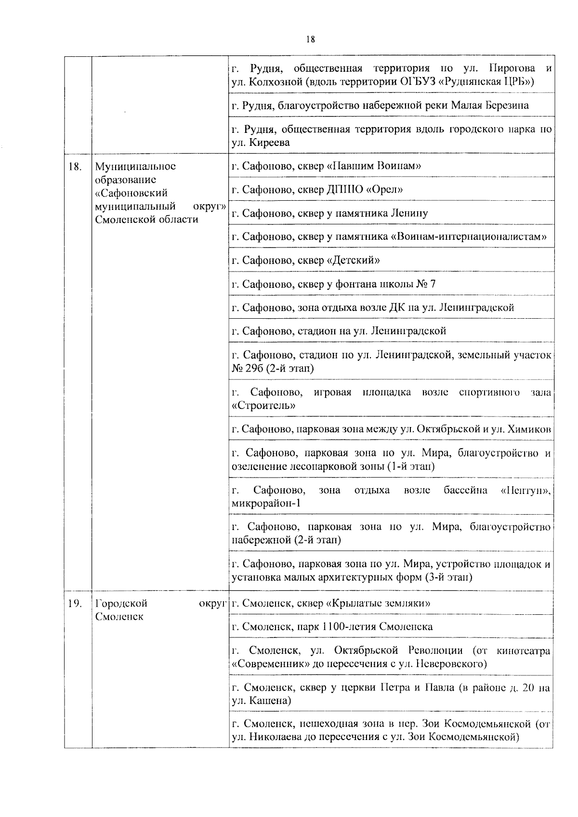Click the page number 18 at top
(310, 39)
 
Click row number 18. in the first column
(74, 167)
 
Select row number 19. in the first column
(74, 603)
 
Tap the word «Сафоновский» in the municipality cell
(131, 193)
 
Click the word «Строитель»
(263, 406)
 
